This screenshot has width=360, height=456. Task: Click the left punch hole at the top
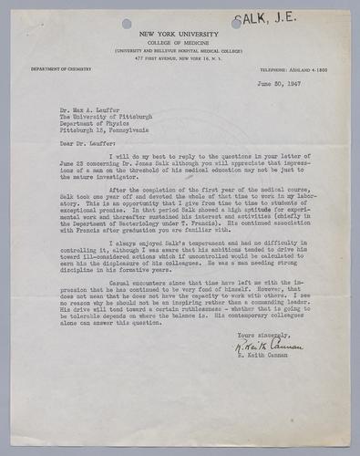(125, 23)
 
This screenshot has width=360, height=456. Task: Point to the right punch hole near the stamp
(237, 22)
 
